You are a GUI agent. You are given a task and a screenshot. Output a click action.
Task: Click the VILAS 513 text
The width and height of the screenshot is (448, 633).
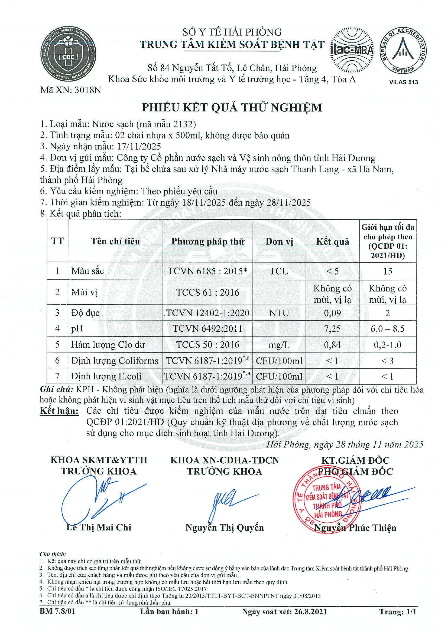403,82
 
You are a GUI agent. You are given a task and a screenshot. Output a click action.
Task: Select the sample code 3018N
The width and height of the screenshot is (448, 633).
87,90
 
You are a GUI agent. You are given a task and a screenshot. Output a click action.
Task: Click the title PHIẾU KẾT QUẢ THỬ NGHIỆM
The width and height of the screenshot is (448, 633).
232,107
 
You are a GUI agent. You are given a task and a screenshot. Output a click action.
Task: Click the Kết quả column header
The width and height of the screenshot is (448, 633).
333,242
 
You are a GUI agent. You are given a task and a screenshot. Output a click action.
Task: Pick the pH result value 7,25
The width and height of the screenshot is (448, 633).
332,328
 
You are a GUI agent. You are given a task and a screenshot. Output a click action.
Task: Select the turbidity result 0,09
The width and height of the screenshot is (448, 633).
332,313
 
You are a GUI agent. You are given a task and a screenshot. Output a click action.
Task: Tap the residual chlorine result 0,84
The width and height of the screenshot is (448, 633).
332,345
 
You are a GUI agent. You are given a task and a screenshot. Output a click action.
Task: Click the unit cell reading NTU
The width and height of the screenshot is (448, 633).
279,313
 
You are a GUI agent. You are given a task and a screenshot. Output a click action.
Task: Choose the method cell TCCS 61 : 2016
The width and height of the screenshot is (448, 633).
207,292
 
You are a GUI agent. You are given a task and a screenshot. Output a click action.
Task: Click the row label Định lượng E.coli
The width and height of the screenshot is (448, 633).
106,376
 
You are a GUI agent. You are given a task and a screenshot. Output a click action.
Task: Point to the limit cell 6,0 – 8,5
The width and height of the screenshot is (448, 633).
388,329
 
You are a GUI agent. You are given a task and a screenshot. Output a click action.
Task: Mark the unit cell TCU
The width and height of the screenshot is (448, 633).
279,271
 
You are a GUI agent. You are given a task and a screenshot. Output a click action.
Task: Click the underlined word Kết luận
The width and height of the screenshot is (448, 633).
59,411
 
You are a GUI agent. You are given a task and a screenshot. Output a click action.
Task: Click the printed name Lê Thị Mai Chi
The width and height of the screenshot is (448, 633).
99,527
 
